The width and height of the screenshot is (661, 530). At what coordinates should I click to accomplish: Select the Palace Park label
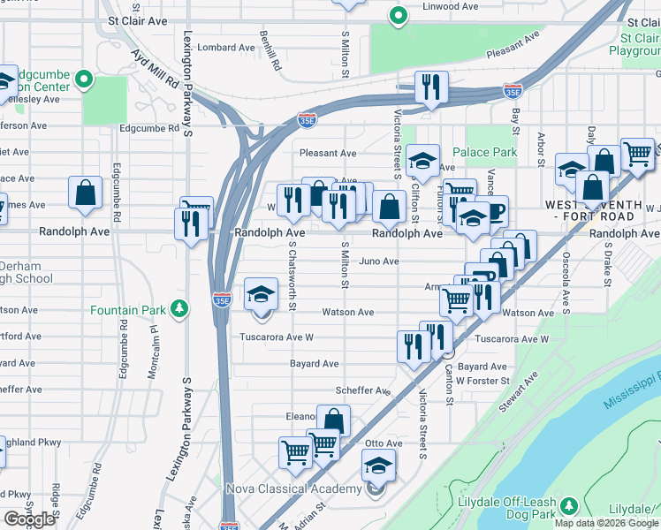[484, 152]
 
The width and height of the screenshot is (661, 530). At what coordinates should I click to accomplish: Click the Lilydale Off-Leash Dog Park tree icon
[570, 505]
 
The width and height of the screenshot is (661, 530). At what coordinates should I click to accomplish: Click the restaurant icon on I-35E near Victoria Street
[431, 87]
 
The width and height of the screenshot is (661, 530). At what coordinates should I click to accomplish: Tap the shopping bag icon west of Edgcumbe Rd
[86, 195]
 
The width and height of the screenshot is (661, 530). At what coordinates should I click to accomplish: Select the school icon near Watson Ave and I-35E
[261, 294]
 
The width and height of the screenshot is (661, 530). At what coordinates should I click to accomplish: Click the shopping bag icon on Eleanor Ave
[333, 421]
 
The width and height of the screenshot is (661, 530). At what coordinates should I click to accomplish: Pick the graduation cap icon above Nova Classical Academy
[378, 465]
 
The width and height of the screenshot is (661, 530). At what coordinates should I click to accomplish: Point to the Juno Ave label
[378, 261]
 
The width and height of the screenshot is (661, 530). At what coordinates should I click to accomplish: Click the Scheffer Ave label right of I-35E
[362, 390]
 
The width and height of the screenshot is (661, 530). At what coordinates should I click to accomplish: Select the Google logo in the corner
[29, 519]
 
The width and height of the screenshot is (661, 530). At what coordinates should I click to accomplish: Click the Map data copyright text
[606, 523]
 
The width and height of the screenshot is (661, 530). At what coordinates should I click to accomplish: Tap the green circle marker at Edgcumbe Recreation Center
[84, 79]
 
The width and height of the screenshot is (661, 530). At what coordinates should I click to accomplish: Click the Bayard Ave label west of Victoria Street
[315, 363]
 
